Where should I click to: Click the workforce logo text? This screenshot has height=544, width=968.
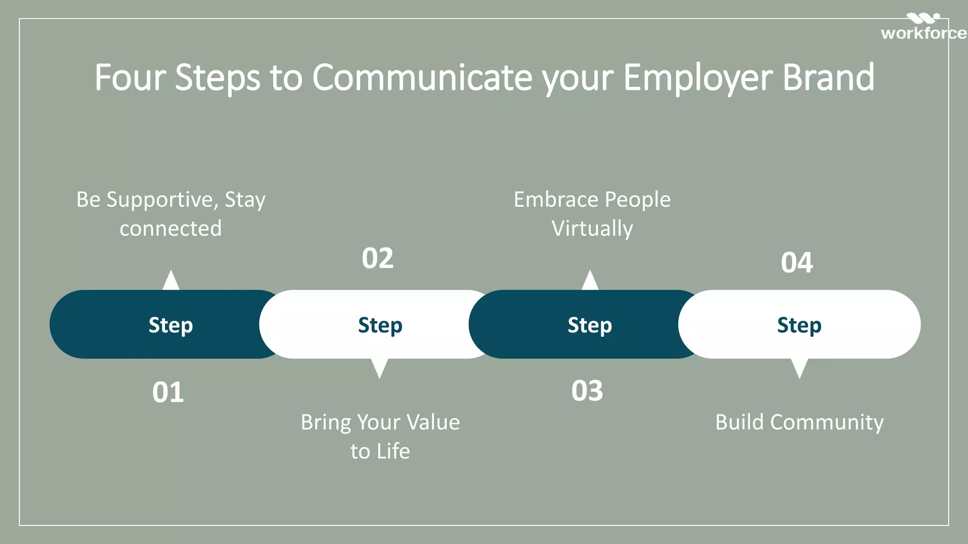[x=923, y=33]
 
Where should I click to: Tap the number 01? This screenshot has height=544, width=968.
[x=168, y=392]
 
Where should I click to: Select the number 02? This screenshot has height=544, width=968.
[x=378, y=258]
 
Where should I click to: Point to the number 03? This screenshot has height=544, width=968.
[x=587, y=391]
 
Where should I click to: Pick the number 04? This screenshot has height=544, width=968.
[x=797, y=263]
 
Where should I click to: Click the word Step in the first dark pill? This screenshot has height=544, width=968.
[x=171, y=325]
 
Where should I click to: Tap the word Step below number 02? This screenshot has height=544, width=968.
[x=380, y=325]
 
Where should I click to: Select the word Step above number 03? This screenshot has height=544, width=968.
[x=589, y=325]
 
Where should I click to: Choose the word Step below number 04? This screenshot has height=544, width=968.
[x=799, y=325]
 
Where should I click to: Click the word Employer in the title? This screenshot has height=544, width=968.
[x=698, y=77]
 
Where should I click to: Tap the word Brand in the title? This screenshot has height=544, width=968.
[x=829, y=77]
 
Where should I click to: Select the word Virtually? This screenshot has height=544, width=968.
[x=592, y=229]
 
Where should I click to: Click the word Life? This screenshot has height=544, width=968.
[x=393, y=451]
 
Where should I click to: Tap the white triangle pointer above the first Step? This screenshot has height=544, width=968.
[x=171, y=281]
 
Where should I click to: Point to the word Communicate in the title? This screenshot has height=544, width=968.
[x=422, y=77]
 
